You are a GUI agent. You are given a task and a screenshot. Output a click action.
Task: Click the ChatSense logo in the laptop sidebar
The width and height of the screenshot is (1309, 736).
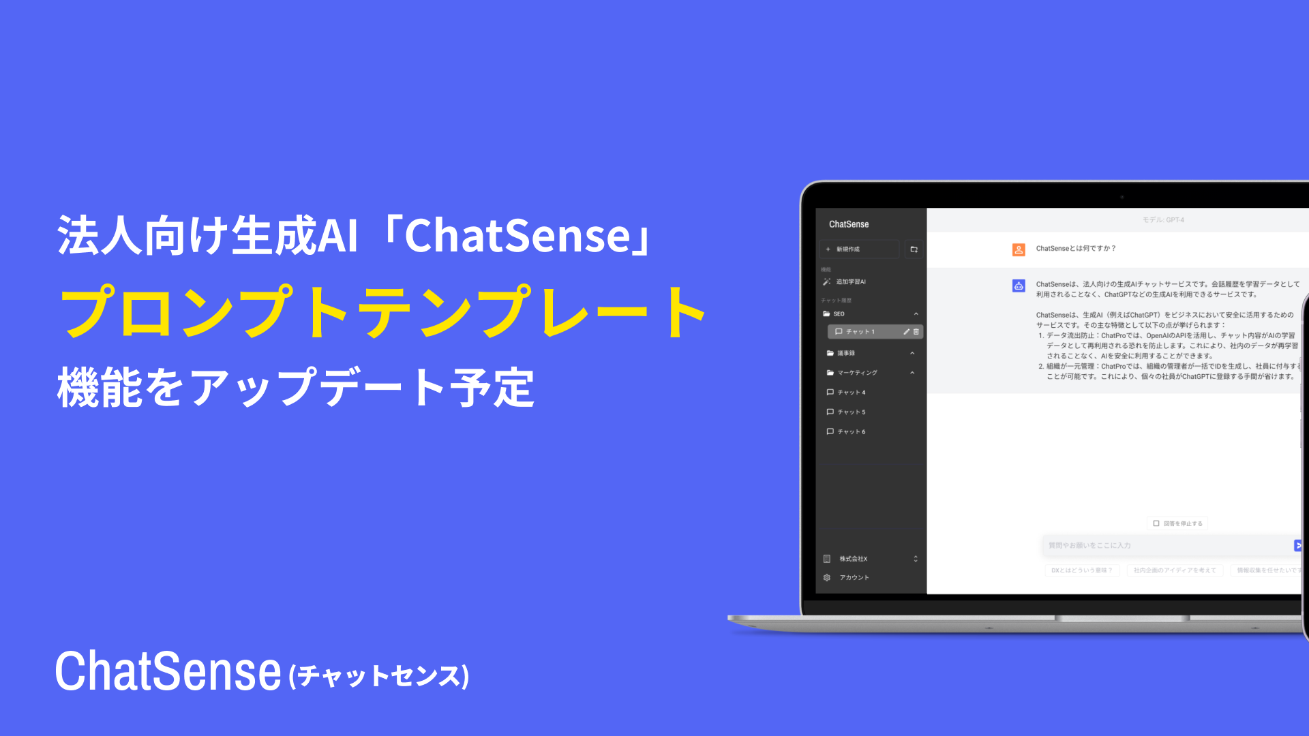tap(849, 224)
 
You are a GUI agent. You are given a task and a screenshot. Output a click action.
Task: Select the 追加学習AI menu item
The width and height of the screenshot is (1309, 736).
tap(851, 281)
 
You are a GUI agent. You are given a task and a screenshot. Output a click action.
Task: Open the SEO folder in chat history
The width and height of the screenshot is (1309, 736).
tap(839, 314)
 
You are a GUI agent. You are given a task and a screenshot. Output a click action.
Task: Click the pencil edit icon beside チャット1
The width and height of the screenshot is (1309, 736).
tap(906, 332)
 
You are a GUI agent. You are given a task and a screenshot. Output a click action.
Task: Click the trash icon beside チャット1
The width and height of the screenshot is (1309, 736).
tap(916, 332)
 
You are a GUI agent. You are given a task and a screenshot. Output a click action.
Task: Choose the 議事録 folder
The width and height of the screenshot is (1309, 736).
tap(846, 353)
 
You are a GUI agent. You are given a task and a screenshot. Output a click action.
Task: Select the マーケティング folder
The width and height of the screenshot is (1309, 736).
tap(857, 373)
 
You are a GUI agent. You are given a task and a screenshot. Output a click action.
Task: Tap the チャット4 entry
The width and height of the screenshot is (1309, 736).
tap(851, 393)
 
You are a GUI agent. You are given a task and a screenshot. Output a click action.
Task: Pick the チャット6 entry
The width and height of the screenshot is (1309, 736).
tap(851, 432)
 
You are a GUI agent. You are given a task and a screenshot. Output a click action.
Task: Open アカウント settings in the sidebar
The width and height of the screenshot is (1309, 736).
tap(854, 578)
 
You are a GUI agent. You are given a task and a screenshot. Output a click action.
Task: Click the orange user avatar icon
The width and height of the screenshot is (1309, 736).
tap(1019, 249)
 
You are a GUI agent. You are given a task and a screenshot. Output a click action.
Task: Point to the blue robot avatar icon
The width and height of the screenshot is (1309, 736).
tap(1019, 286)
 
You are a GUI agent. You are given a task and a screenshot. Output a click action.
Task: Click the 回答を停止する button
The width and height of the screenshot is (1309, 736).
tap(1178, 523)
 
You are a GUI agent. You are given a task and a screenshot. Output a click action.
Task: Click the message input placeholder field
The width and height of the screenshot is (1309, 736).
tap(1159, 545)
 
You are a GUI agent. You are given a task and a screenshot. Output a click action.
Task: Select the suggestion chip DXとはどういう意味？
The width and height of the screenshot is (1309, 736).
tap(1082, 570)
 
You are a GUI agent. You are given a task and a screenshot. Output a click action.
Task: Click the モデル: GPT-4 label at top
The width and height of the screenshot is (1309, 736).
tap(1163, 220)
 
